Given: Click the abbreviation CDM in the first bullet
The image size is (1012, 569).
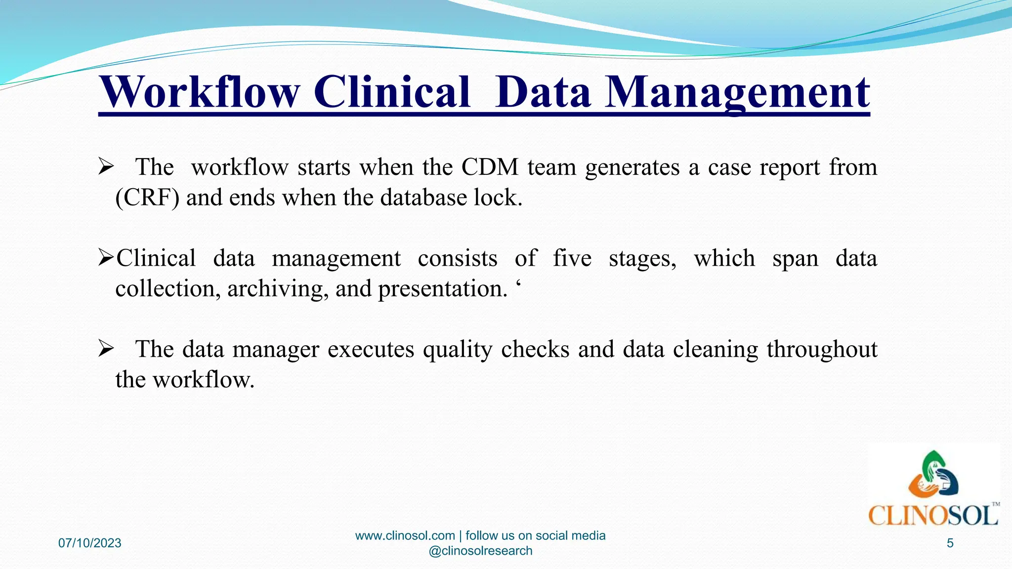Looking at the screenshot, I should click(x=490, y=167).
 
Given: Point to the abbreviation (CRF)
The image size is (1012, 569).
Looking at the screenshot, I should click(x=147, y=198).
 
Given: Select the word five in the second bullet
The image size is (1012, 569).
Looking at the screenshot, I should click(x=572, y=258).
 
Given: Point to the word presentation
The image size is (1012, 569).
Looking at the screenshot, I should click(x=443, y=288).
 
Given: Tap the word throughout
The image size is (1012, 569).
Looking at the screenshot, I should click(x=822, y=349).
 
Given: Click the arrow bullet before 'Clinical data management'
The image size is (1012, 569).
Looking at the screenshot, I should click(x=106, y=257).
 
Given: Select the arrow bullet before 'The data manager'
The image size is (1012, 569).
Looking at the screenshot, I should click(x=106, y=349).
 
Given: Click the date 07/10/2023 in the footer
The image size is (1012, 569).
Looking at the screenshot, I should click(x=90, y=543).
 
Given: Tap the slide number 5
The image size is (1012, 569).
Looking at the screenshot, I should click(x=950, y=543).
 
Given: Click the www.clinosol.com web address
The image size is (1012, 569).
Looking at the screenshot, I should click(x=405, y=535).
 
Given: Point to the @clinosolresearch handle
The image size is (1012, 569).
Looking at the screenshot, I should click(x=480, y=551).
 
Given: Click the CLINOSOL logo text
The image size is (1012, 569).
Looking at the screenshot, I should click(x=933, y=516).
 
